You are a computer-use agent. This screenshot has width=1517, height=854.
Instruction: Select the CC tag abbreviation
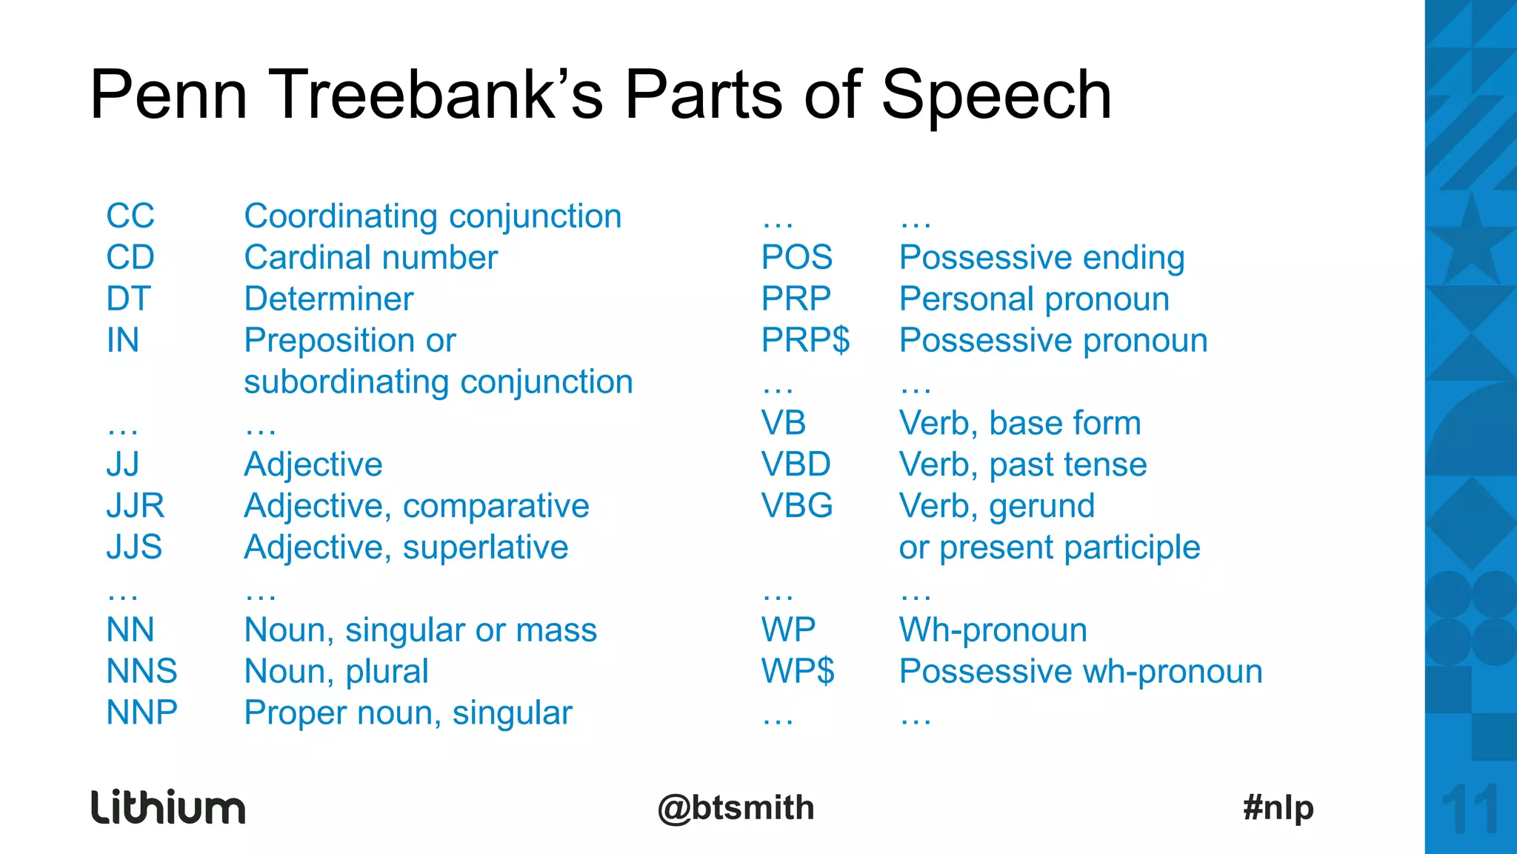point(130,216)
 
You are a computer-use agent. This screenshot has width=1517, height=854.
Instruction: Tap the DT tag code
point(128,299)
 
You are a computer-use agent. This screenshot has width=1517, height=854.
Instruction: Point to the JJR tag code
point(135,506)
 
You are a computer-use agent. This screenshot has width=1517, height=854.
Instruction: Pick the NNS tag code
point(141,672)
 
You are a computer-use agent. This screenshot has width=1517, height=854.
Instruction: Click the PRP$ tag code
point(805,341)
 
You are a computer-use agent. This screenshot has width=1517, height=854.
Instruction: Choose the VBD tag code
point(796,465)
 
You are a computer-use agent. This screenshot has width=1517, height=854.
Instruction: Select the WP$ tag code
point(798,672)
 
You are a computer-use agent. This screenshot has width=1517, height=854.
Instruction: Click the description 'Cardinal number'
point(370,258)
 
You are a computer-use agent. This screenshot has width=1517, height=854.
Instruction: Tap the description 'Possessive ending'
point(1041,258)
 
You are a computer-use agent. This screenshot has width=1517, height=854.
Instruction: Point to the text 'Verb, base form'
point(1019,424)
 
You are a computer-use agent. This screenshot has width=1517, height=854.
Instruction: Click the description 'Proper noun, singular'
point(408,713)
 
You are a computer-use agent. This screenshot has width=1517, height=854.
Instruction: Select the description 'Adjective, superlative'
point(406,547)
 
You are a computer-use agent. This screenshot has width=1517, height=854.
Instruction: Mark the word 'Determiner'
point(328,299)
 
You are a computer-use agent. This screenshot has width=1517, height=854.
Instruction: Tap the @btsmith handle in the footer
point(736,808)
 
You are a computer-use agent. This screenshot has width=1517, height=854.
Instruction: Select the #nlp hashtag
point(1278,807)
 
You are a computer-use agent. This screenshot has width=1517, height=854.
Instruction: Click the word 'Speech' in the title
point(996,96)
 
